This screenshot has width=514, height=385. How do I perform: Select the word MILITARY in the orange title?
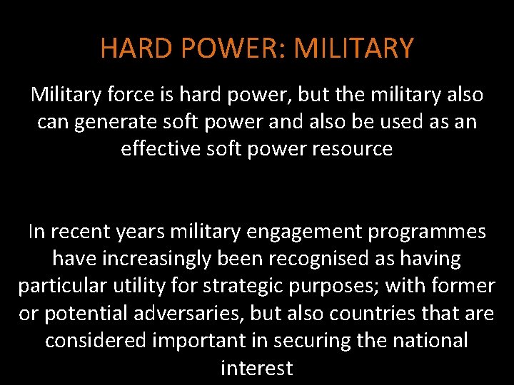353,48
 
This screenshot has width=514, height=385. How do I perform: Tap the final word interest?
257,368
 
